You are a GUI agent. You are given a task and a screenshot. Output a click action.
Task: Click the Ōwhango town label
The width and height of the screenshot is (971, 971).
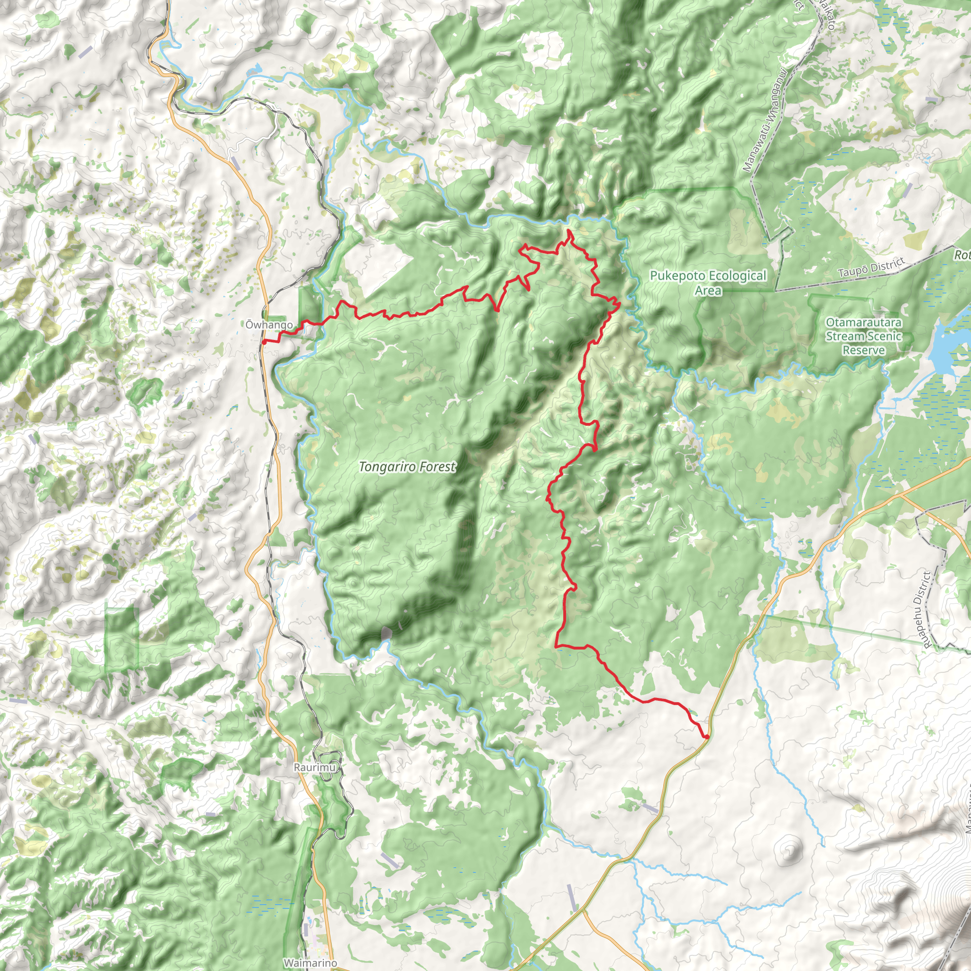click(269, 325)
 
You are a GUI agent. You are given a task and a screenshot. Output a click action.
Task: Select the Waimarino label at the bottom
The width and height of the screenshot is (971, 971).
click(310, 962)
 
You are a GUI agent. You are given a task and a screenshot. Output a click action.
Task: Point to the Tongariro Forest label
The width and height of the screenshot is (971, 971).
click(407, 467)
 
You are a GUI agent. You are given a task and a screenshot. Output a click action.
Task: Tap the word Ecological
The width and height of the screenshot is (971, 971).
click(739, 276)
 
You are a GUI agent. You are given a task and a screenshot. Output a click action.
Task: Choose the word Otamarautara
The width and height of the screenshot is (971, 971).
click(863, 322)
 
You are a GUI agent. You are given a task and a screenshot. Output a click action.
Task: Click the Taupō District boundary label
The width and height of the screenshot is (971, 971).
click(871, 267)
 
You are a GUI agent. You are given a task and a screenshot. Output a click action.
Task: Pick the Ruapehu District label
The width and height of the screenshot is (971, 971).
click(922, 608)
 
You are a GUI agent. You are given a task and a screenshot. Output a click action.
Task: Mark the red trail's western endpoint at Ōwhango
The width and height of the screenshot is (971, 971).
click(263, 342)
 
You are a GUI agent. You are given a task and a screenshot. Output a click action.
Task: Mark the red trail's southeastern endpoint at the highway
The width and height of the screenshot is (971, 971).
click(706, 737)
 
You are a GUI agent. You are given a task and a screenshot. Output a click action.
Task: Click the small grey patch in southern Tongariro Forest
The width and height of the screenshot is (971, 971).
click(386, 633)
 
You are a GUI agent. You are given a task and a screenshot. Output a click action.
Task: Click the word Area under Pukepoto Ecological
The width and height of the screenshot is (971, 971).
click(708, 290)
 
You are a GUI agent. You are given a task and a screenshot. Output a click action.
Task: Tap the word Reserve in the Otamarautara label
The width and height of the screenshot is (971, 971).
click(863, 350)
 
